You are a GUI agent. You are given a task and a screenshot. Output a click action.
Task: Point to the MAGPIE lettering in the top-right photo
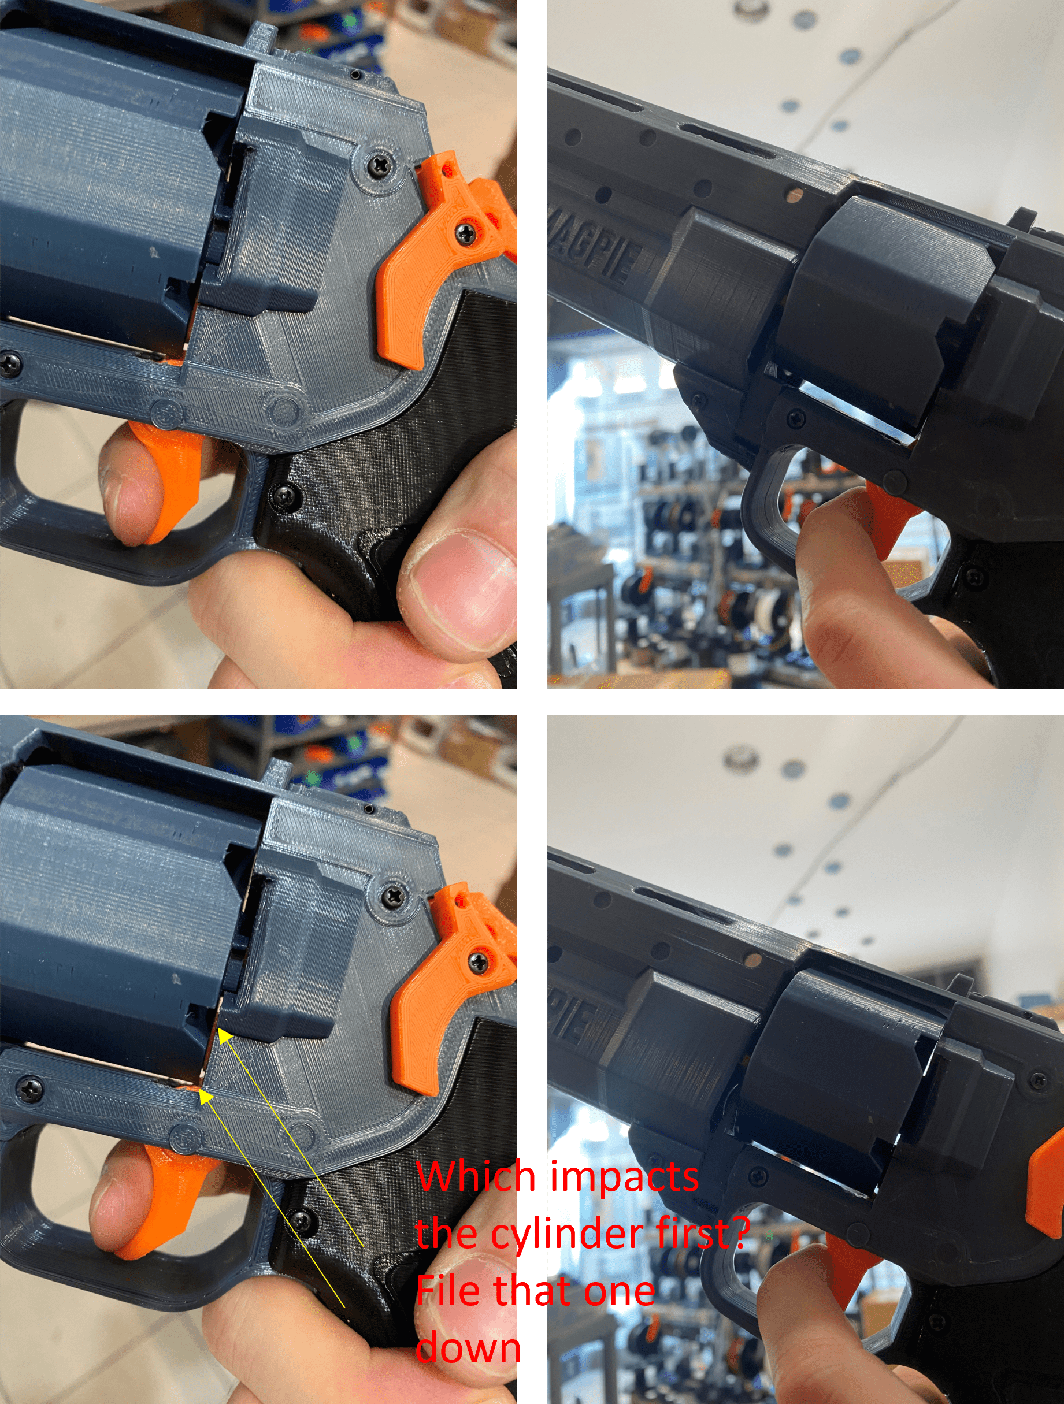pos(594,257)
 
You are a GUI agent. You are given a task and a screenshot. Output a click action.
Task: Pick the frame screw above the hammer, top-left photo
pos(381,165)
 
